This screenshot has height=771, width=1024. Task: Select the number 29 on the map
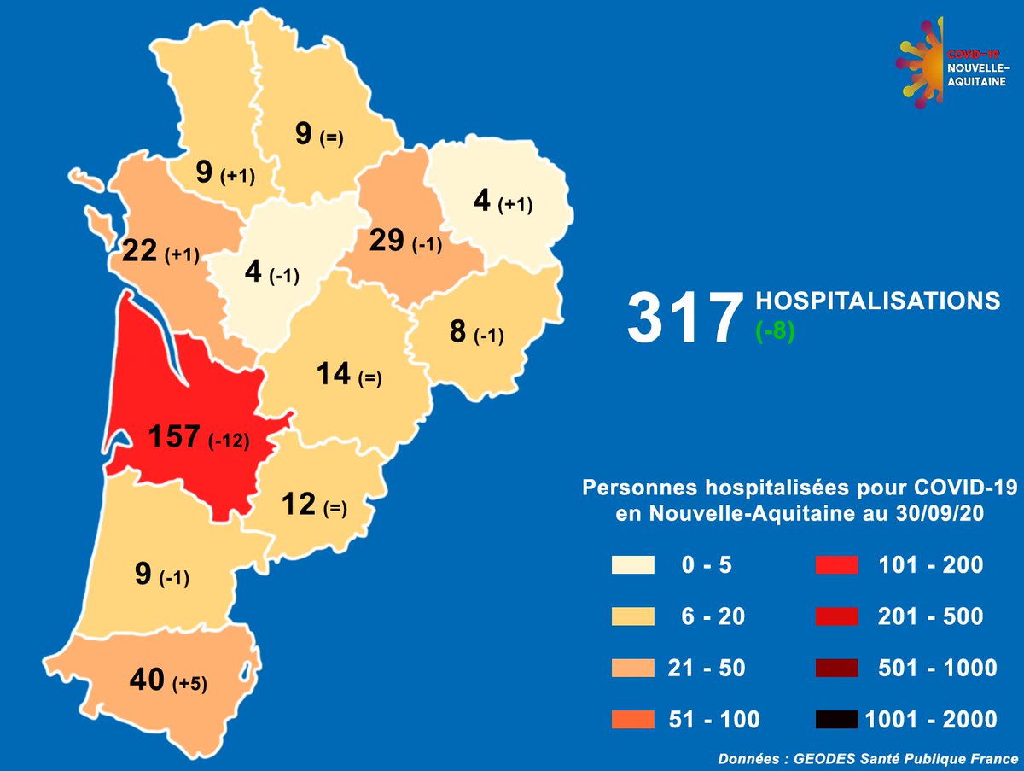386,241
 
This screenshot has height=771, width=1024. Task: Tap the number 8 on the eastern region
457,330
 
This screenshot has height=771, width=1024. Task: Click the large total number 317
683,318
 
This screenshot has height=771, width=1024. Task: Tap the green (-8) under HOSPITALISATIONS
775,330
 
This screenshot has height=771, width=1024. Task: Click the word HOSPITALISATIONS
877,301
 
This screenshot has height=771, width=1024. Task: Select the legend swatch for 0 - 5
632,565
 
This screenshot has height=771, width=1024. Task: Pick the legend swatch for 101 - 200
836,565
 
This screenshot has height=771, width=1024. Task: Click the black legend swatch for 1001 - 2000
836,719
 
